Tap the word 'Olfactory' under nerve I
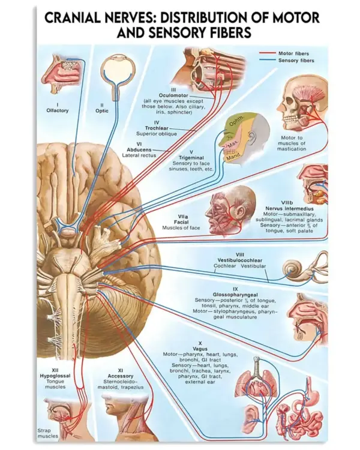[58, 110]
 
